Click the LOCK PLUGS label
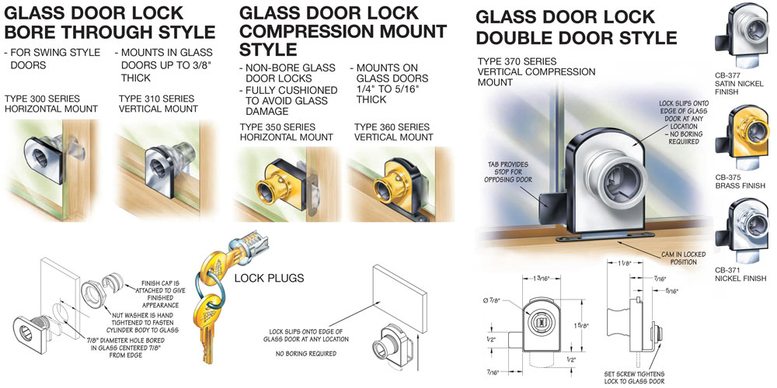269,278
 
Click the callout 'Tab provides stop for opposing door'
508,171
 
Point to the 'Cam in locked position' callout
683,258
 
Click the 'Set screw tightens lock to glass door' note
635,377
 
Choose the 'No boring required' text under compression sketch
306,353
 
